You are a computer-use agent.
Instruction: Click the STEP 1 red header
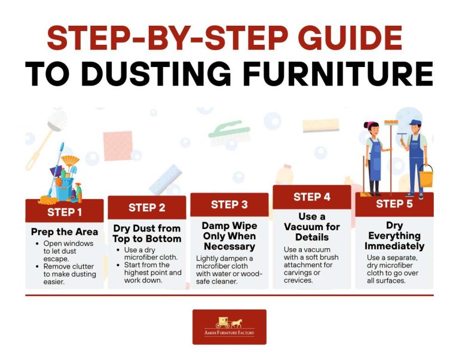[x=65, y=212]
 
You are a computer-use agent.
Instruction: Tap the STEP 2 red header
[x=147, y=208]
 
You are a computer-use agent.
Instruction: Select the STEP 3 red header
[x=229, y=205]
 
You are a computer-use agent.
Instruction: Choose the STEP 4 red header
[x=311, y=197]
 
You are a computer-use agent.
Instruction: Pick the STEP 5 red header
[x=394, y=204]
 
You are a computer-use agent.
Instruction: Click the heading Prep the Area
[x=65, y=231]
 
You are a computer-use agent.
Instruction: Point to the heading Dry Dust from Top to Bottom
[x=147, y=234]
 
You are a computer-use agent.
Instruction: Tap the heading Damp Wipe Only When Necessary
[x=229, y=236]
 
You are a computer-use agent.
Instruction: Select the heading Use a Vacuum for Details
[x=311, y=227]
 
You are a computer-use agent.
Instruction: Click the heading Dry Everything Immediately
[x=394, y=235]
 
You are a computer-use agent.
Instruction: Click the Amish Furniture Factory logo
[x=229, y=327]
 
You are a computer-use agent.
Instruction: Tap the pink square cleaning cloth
[x=117, y=146]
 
